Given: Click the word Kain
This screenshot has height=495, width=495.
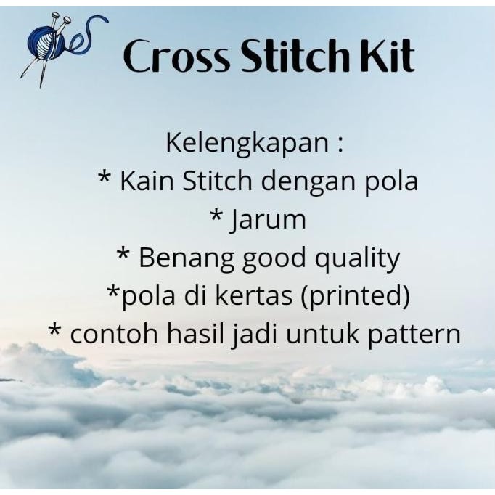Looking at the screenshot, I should click(x=144, y=181).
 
